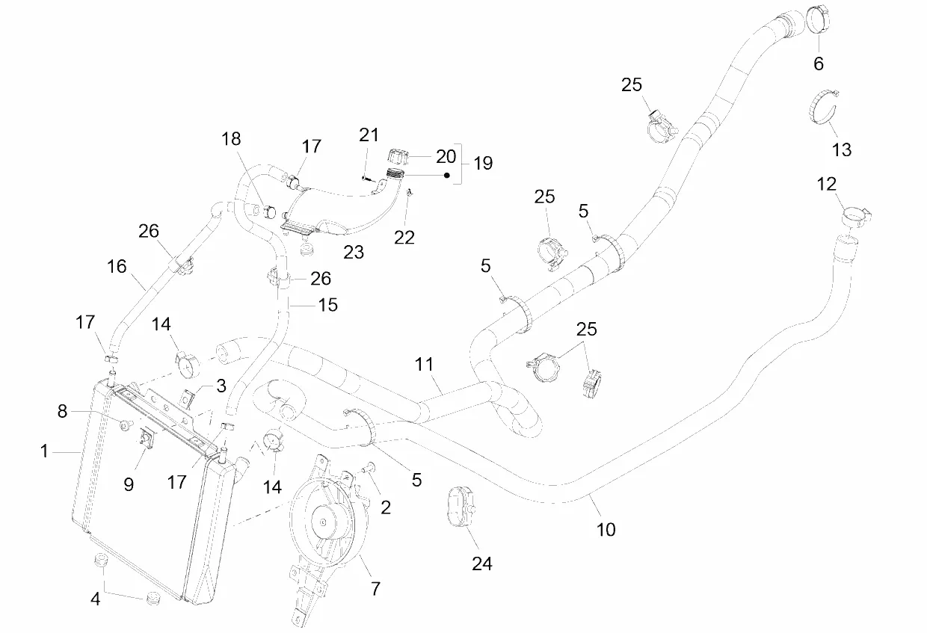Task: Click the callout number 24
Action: (482, 563)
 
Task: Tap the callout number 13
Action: (842, 149)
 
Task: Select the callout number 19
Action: (483, 163)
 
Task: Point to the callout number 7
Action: (375, 589)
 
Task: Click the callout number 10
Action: (606, 529)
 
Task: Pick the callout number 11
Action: (425, 364)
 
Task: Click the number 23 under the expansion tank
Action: (354, 252)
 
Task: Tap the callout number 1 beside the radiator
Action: (45, 451)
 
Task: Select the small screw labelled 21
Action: (364, 178)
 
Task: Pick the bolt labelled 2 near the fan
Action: (367, 468)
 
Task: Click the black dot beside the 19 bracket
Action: (447, 176)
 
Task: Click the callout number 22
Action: (404, 237)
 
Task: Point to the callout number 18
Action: (232, 139)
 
